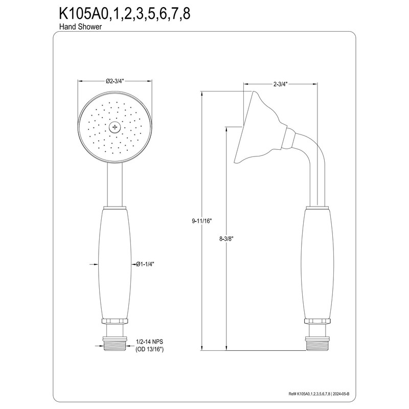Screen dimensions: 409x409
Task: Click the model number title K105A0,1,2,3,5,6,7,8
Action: pyautogui.click(x=122, y=13)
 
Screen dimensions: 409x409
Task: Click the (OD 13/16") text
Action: pyautogui.click(x=149, y=349)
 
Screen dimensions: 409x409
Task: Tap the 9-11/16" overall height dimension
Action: pyautogui.click(x=202, y=221)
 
